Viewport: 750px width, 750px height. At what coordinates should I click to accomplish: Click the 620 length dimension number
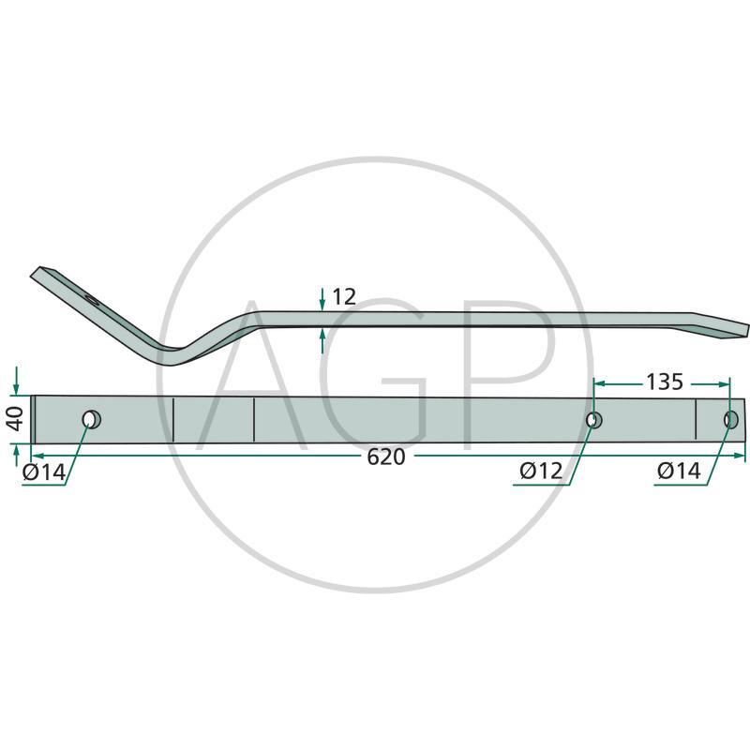click(x=386, y=457)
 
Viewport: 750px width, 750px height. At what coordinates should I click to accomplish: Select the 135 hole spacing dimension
click(x=665, y=382)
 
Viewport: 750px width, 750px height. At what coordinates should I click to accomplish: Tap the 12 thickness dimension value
click(x=344, y=297)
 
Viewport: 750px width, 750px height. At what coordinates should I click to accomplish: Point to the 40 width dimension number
click(x=15, y=418)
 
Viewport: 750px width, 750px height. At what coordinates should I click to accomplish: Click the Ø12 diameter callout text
click(x=541, y=472)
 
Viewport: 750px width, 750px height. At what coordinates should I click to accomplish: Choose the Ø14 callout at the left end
click(x=44, y=473)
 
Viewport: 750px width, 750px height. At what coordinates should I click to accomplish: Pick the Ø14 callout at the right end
click(x=679, y=472)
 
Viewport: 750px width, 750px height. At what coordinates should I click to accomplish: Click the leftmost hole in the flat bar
click(x=90, y=420)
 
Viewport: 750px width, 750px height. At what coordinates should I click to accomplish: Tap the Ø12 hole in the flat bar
click(x=594, y=420)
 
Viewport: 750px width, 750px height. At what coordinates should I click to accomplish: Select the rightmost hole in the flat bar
click(x=730, y=419)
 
